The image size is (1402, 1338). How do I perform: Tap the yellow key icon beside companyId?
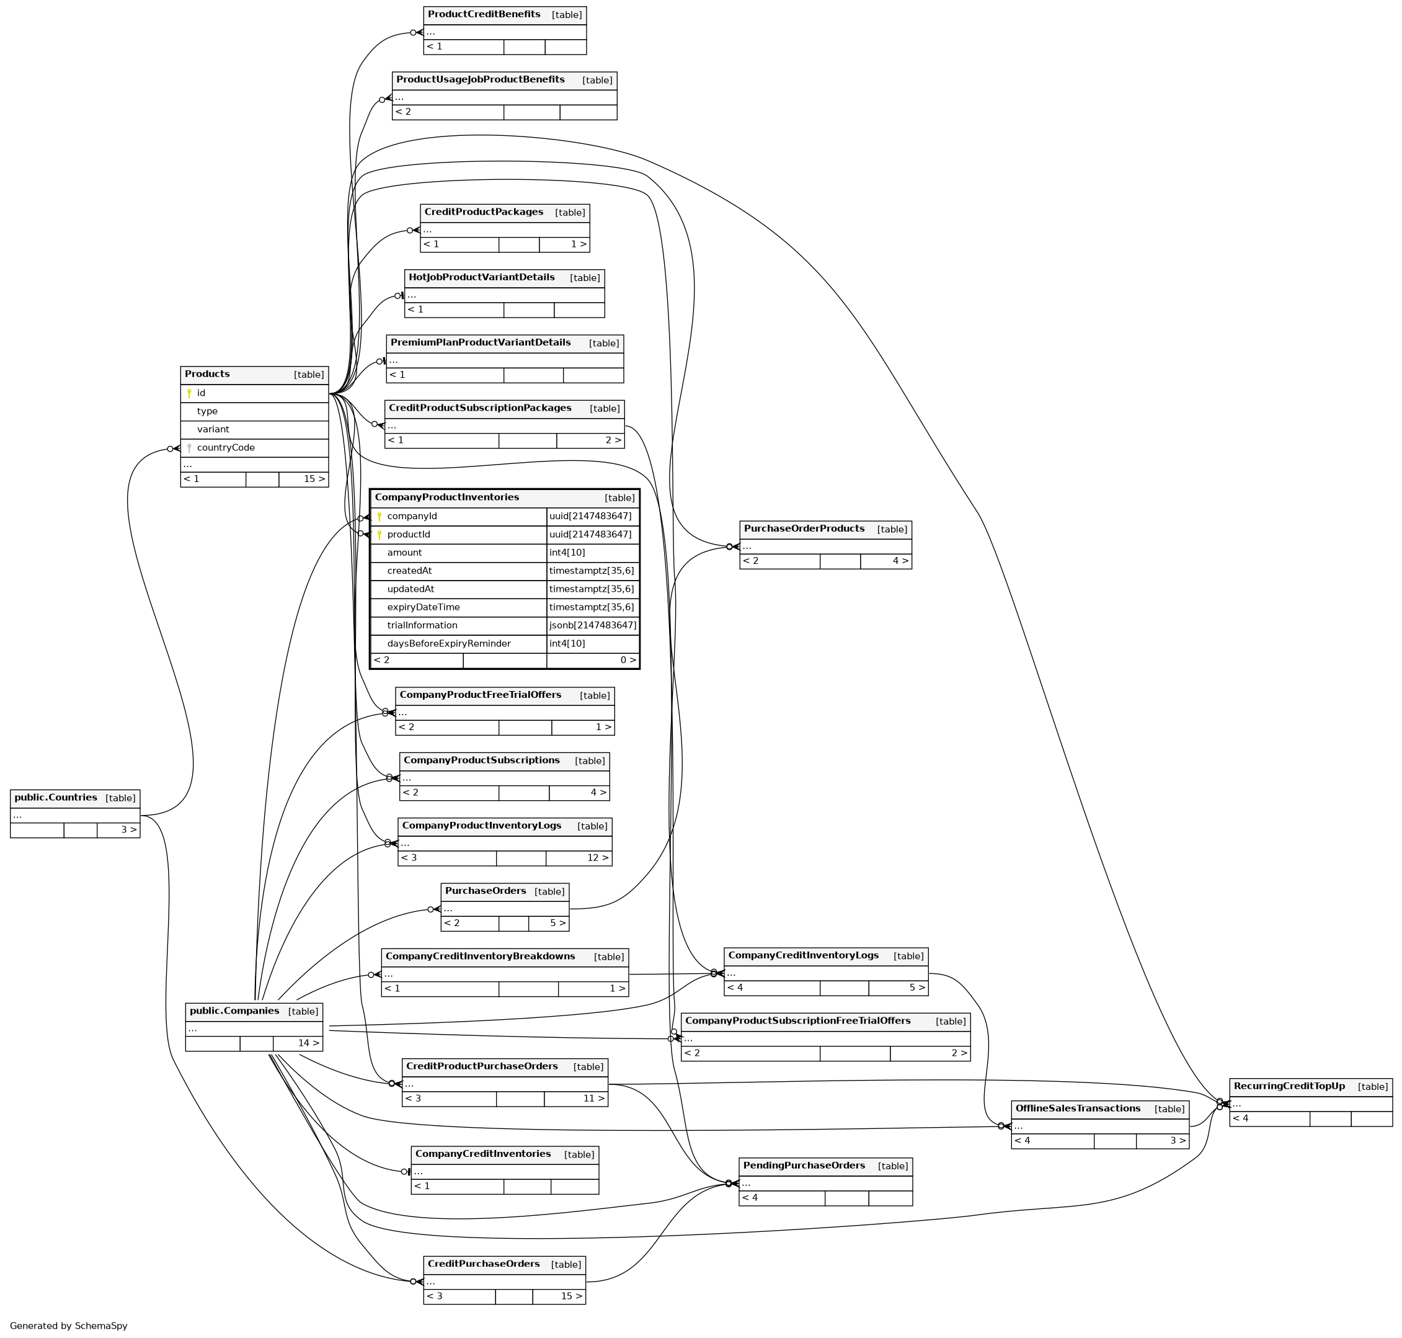(379, 516)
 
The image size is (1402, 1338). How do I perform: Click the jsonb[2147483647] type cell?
(593, 625)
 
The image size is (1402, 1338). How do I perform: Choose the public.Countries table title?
(56, 797)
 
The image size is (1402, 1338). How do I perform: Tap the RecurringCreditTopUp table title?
(1289, 1086)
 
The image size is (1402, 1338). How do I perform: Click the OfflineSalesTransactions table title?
(1078, 1108)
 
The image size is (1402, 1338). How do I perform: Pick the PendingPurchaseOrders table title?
(804, 1166)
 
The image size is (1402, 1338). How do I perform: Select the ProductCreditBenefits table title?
(484, 14)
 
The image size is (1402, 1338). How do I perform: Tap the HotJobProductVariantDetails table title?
(481, 277)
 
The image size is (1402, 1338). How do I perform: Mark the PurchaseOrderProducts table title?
(804, 529)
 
